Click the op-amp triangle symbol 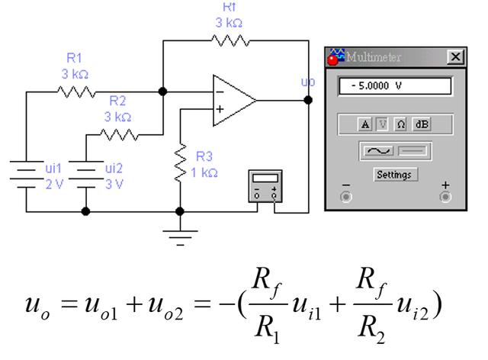[232, 100]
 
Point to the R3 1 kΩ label [204, 166]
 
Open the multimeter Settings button [394, 175]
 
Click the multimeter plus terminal [446, 195]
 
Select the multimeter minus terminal [345, 195]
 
